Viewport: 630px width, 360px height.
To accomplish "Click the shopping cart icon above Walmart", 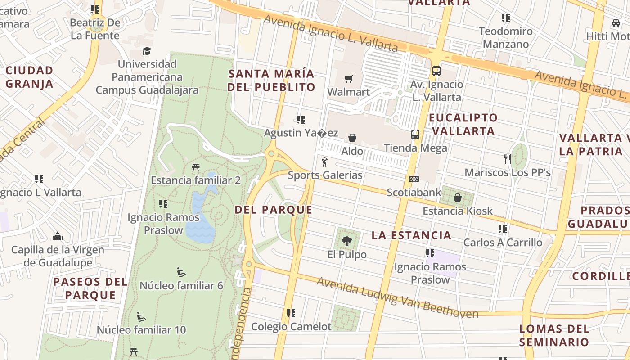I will click(348, 79).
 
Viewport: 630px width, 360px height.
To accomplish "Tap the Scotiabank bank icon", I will click(414, 179).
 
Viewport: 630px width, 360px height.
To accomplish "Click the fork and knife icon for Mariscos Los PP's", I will click(508, 159).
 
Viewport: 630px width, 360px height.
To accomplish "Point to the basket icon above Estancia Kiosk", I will click(458, 198).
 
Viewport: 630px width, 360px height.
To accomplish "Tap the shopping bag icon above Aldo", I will click(352, 138).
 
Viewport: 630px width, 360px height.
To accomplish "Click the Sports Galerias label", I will click(325, 175).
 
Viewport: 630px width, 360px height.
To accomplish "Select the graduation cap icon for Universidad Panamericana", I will click(147, 51).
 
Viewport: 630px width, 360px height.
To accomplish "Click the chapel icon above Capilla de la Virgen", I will click(57, 236).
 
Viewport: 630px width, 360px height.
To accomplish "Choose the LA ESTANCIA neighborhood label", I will click(412, 235).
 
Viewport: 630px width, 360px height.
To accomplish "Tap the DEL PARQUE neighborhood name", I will click(274, 210).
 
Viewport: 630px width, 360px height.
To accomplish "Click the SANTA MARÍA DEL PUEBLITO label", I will click(271, 80).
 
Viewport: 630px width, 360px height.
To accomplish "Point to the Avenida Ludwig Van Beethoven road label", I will click(397, 298).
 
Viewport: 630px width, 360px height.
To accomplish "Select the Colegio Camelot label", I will click(291, 326).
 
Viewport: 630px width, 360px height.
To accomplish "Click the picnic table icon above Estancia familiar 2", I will click(195, 167).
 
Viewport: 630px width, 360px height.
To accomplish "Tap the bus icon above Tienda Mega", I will click(415, 134).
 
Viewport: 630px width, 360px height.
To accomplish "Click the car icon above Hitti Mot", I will click(616, 22).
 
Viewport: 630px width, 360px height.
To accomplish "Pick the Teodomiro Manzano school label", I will click(506, 38).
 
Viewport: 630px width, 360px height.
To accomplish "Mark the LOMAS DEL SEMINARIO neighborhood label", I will click(554, 335).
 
